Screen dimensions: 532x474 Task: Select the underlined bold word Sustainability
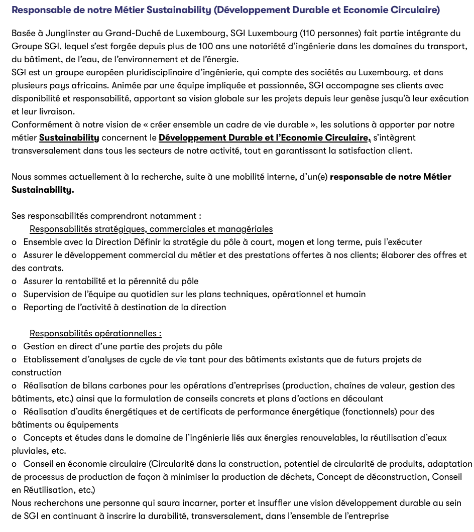(69, 138)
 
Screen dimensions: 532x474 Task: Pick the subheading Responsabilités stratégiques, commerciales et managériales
(151, 229)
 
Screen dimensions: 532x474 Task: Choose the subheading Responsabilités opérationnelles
(95, 334)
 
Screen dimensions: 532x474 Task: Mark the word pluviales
(31, 451)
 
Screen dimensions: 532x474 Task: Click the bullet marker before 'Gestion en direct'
(14, 347)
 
